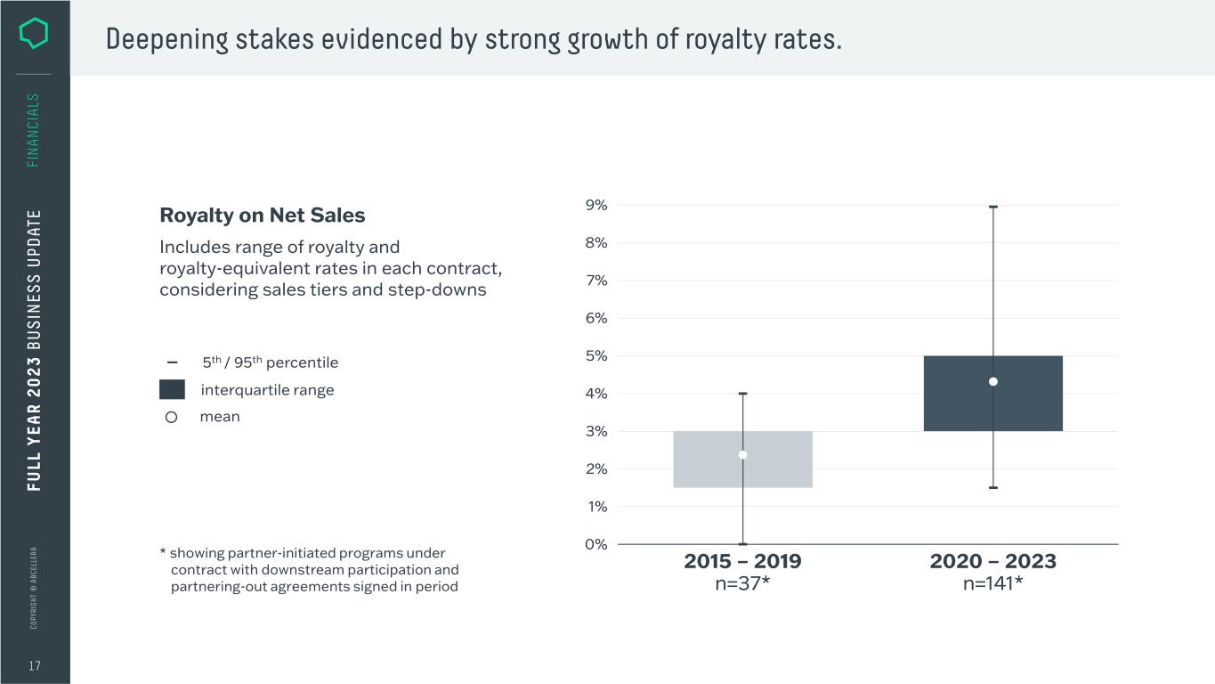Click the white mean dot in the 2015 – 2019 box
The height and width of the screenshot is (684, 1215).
coord(742,455)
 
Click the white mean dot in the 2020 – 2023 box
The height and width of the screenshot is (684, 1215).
coord(993,381)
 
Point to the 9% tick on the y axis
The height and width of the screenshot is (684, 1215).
coord(596,205)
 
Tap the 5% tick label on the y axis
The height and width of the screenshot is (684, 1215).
coord(596,355)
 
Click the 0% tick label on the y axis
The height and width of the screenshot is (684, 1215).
coord(596,544)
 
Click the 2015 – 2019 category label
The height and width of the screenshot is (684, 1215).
coord(742,561)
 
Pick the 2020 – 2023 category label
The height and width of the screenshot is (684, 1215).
coord(992,561)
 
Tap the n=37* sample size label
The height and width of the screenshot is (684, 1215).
coord(742,584)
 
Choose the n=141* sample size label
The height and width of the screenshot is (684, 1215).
coord(992,584)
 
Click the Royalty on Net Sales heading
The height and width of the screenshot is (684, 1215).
coord(262,216)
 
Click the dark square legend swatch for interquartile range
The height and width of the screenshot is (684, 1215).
coord(172,389)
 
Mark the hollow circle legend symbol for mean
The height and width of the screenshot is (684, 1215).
coord(172,417)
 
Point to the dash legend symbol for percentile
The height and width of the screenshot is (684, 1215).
coord(172,362)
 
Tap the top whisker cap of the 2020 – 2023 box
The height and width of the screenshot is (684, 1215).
coord(993,207)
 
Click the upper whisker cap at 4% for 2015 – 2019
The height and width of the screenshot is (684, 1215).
coord(742,394)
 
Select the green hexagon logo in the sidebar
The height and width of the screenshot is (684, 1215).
coord(34,34)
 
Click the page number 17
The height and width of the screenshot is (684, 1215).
coord(34,666)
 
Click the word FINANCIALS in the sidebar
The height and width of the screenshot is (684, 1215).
coord(34,130)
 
